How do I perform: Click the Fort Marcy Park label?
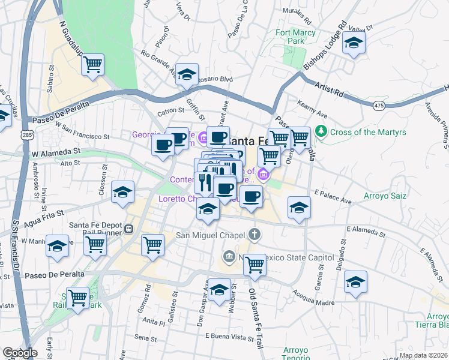pyautogui.click(x=290, y=37)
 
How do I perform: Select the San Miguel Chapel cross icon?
pyautogui.click(x=255, y=234)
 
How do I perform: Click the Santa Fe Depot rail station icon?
pyautogui.click(x=128, y=229)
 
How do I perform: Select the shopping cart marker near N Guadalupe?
pyautogui.click(x=93, y=64)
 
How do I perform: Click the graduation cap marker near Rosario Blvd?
pyautogui.click(x=188, y=74)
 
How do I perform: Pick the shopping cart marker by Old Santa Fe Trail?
pyautogui.click(x=255, y=265)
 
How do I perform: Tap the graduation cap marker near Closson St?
pyautogui.click(x=123, y=192)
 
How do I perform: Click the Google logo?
pyautogui.click(x=19, y=353)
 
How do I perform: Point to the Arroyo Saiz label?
pyautogui.click(x=385, y=196)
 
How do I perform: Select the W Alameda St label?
pyautogui.click(x=56, y=153)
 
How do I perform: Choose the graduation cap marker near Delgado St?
pyautogui.click(x=355, y=281)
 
